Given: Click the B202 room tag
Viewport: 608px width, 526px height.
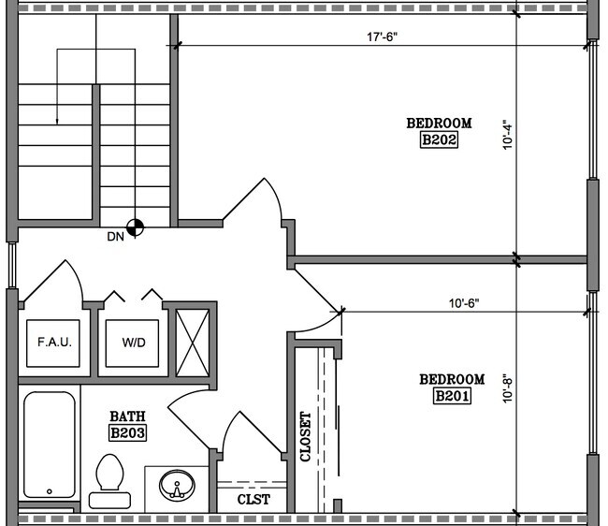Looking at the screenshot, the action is [439, 140].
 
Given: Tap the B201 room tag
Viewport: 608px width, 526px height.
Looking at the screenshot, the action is [452, 396].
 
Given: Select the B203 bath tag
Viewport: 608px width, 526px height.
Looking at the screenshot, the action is [127, 433].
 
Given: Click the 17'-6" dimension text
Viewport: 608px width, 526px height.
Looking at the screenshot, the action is [383, 37].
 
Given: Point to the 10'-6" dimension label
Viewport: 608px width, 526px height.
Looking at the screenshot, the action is [464, 303].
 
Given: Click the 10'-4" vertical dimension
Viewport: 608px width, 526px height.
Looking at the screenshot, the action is [508, 137].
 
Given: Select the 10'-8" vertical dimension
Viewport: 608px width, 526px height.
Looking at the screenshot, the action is [508, 388].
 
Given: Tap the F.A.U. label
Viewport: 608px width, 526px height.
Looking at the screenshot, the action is [54, 343].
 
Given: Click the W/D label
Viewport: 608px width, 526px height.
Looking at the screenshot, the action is [134, 343].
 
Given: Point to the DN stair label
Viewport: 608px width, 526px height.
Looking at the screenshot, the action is [116, 237].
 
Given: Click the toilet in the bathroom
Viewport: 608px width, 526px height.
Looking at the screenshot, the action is [110, 481].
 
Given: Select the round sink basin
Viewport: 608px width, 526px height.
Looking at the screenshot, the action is [177, 485].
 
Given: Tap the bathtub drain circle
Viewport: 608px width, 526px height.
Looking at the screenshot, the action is [50, 491].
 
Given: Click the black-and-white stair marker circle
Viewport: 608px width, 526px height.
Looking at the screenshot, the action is [135, 227].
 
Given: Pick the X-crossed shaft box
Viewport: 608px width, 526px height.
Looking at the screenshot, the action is [193, 343].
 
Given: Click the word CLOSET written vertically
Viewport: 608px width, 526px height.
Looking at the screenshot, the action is [306, 437].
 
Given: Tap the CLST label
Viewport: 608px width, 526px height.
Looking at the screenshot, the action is [253, 499].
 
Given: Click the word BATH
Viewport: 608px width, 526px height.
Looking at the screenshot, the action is [127, 416].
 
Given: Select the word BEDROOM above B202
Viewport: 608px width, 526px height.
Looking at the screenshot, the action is [439, 123].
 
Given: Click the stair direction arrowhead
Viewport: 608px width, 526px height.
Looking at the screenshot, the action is [57, 123].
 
